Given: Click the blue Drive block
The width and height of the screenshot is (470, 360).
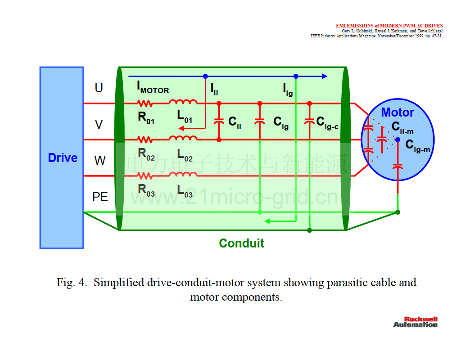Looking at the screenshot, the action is coord(62,157).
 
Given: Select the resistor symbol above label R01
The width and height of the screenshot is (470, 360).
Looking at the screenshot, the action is coord(145,103).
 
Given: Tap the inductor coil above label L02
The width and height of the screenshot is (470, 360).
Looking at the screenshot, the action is coord(183,138).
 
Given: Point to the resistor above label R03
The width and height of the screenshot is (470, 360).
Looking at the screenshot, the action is coord(145,176).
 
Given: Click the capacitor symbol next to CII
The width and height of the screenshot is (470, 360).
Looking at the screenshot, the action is coord(219,121).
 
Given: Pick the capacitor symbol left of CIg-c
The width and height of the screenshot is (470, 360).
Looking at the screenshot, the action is coord(309,121).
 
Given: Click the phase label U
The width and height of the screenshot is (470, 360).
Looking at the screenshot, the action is coord(99,88).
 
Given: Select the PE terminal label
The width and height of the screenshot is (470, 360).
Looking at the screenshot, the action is coord(100,197).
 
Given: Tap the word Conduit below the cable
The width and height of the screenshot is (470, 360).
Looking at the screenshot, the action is coord(242,243).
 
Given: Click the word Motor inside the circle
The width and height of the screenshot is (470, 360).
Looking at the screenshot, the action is coord(398,112).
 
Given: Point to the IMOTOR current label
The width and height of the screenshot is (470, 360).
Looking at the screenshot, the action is coord(153,87).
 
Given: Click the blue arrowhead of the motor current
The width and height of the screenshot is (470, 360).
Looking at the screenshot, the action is coord(325,76).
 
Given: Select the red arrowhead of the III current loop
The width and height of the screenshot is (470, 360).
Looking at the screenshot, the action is coord(181,129).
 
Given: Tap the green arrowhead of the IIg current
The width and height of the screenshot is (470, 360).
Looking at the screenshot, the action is coord(267,221).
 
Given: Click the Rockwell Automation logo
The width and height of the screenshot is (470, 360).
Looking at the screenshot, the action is coord(416,322).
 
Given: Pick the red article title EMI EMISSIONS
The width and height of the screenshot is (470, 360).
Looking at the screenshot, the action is coord(389,26).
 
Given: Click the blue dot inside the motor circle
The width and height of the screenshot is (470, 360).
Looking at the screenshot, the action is coord(398,139).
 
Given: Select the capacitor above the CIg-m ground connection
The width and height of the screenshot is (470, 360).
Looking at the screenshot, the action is coord(398,166).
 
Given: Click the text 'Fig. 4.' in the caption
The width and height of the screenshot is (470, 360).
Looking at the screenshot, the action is coord(72,283).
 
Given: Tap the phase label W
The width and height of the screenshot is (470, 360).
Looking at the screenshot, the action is coord(100,160).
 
